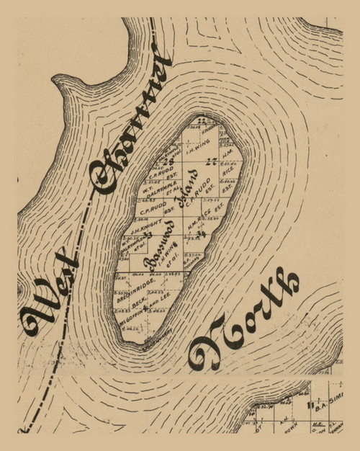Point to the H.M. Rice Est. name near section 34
tap(202, 220)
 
